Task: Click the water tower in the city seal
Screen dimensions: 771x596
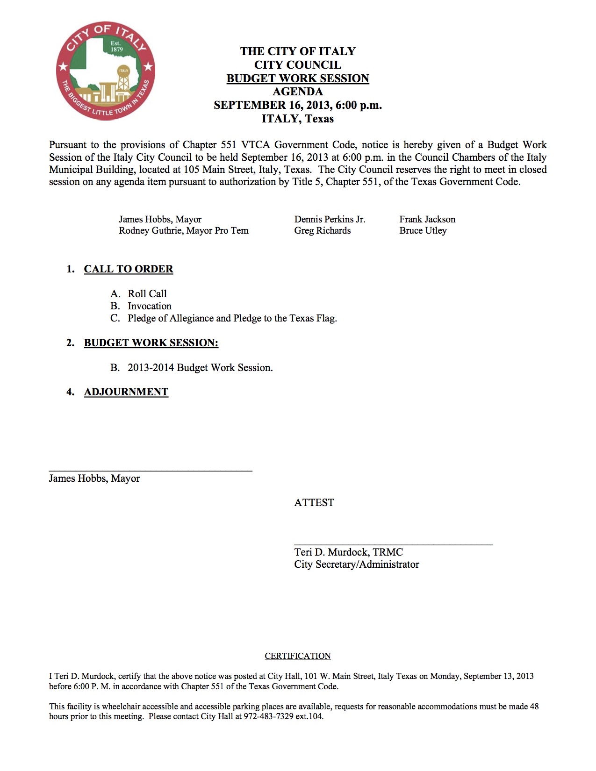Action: click(123, 79)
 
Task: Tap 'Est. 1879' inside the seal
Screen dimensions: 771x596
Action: click(115, 46)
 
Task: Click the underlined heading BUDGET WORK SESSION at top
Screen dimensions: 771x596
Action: click(298, 79)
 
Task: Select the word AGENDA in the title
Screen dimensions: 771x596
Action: click(298, 92)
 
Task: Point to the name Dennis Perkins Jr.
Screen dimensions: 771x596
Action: click(330, 219)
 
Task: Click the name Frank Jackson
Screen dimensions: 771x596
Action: click(427, 219)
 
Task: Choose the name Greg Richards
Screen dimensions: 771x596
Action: click(322, 230)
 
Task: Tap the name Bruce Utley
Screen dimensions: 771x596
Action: click(423, 230)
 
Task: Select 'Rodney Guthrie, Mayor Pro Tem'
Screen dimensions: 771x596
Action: click(183, 230)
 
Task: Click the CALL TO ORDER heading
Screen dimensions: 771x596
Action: click(129, 269)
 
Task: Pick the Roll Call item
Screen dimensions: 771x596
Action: click(147, 293)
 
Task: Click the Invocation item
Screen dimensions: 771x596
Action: click(150, 306)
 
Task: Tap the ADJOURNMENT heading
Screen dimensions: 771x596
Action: click(126, 392)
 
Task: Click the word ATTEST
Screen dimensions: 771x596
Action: click(314, 503)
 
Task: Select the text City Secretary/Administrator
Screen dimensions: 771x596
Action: click(356, 564)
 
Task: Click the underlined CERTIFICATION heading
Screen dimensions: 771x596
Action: click(298, 656)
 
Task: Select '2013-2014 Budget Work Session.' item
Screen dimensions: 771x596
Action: click(200, 368)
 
